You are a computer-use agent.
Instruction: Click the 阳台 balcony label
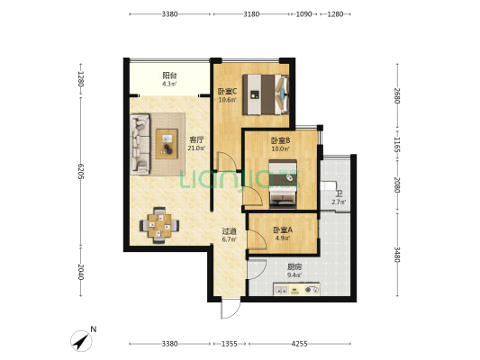tap(169, 76)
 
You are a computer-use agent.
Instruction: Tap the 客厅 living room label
tap(196, 140)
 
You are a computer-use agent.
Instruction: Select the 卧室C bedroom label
tap(227, 91)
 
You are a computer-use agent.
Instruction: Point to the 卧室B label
tap(280, 140)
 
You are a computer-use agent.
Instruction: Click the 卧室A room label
tap(283, 229)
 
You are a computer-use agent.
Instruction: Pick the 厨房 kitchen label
tap(294, 266)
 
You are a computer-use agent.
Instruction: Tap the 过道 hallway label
tap(229, 231)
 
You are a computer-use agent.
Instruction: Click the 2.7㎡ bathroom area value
tap(339, 202)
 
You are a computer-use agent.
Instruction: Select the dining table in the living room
tap(159, 225)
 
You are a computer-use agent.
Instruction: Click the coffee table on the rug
tap(167, 144)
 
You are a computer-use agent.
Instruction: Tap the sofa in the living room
tap(140, 144)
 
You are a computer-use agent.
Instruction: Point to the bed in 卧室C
tap(266, 94)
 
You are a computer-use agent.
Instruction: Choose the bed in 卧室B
tap(283, 184)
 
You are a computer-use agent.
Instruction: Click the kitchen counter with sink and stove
tap(296, 289)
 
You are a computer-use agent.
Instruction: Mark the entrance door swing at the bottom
tap(231, 309)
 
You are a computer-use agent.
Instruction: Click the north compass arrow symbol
tap(81, 341)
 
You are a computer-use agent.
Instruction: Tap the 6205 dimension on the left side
tap(81, 171)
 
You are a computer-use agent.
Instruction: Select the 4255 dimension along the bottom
tap(299, 344)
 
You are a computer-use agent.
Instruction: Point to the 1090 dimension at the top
tap(304, 14)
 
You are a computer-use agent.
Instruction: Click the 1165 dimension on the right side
tap(397, 144)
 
